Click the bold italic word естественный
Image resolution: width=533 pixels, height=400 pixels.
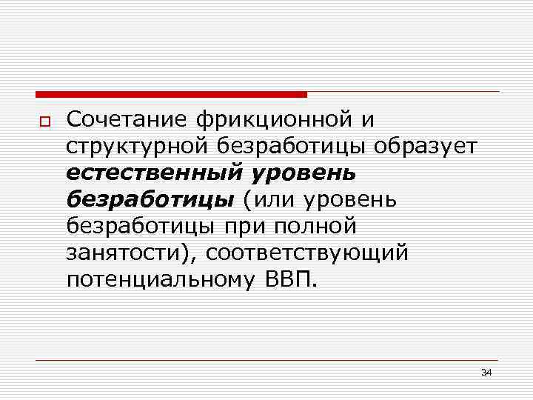(152, 173)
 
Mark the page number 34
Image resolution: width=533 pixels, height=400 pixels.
(486, 372)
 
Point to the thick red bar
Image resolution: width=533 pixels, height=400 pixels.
(170, 94)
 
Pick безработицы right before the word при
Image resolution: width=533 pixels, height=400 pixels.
(142, 227)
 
